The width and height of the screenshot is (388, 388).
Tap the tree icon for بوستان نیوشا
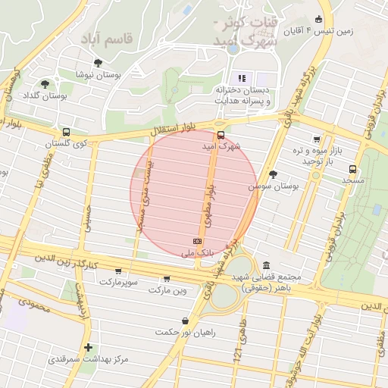98,62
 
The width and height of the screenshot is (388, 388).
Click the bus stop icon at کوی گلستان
66,131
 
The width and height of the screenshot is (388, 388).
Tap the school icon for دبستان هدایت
242,77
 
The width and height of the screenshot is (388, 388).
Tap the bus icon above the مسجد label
352,169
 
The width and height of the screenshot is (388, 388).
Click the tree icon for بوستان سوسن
273,174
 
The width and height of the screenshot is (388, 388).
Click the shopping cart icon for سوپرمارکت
118,271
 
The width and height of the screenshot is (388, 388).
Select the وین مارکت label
167,289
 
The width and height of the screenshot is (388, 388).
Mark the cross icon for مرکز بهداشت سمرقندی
89,346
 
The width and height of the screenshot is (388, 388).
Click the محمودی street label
33,304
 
